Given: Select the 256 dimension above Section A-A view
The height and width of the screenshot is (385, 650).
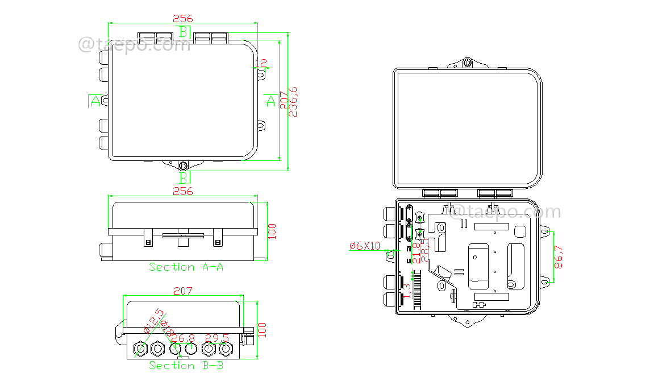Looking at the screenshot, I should click(182, 191).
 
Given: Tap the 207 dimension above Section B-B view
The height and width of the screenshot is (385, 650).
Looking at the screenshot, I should click(182, 291).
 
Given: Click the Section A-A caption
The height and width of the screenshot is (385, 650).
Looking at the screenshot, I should click(186, 267).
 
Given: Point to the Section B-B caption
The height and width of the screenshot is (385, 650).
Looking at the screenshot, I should click(186, 366).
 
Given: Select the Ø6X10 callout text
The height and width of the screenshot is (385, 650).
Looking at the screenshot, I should click(365, 246).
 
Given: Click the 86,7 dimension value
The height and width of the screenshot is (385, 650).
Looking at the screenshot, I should click(559, 257).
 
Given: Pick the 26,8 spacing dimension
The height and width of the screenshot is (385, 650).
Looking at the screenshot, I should click(183, 338).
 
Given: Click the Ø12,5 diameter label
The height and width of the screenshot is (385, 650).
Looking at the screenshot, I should click(154, 321).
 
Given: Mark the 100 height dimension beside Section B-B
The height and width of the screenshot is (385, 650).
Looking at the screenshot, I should click(262, 330).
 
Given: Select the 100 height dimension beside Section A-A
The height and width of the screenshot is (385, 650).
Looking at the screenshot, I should click(272, 230).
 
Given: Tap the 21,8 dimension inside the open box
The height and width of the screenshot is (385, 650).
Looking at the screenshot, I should click(416, 252).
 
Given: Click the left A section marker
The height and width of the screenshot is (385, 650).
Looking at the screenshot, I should click(95, 101).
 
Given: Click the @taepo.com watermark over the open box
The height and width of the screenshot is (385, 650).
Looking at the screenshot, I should click(505, 213).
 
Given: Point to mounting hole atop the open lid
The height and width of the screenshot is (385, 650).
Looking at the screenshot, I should click(467, 63).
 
